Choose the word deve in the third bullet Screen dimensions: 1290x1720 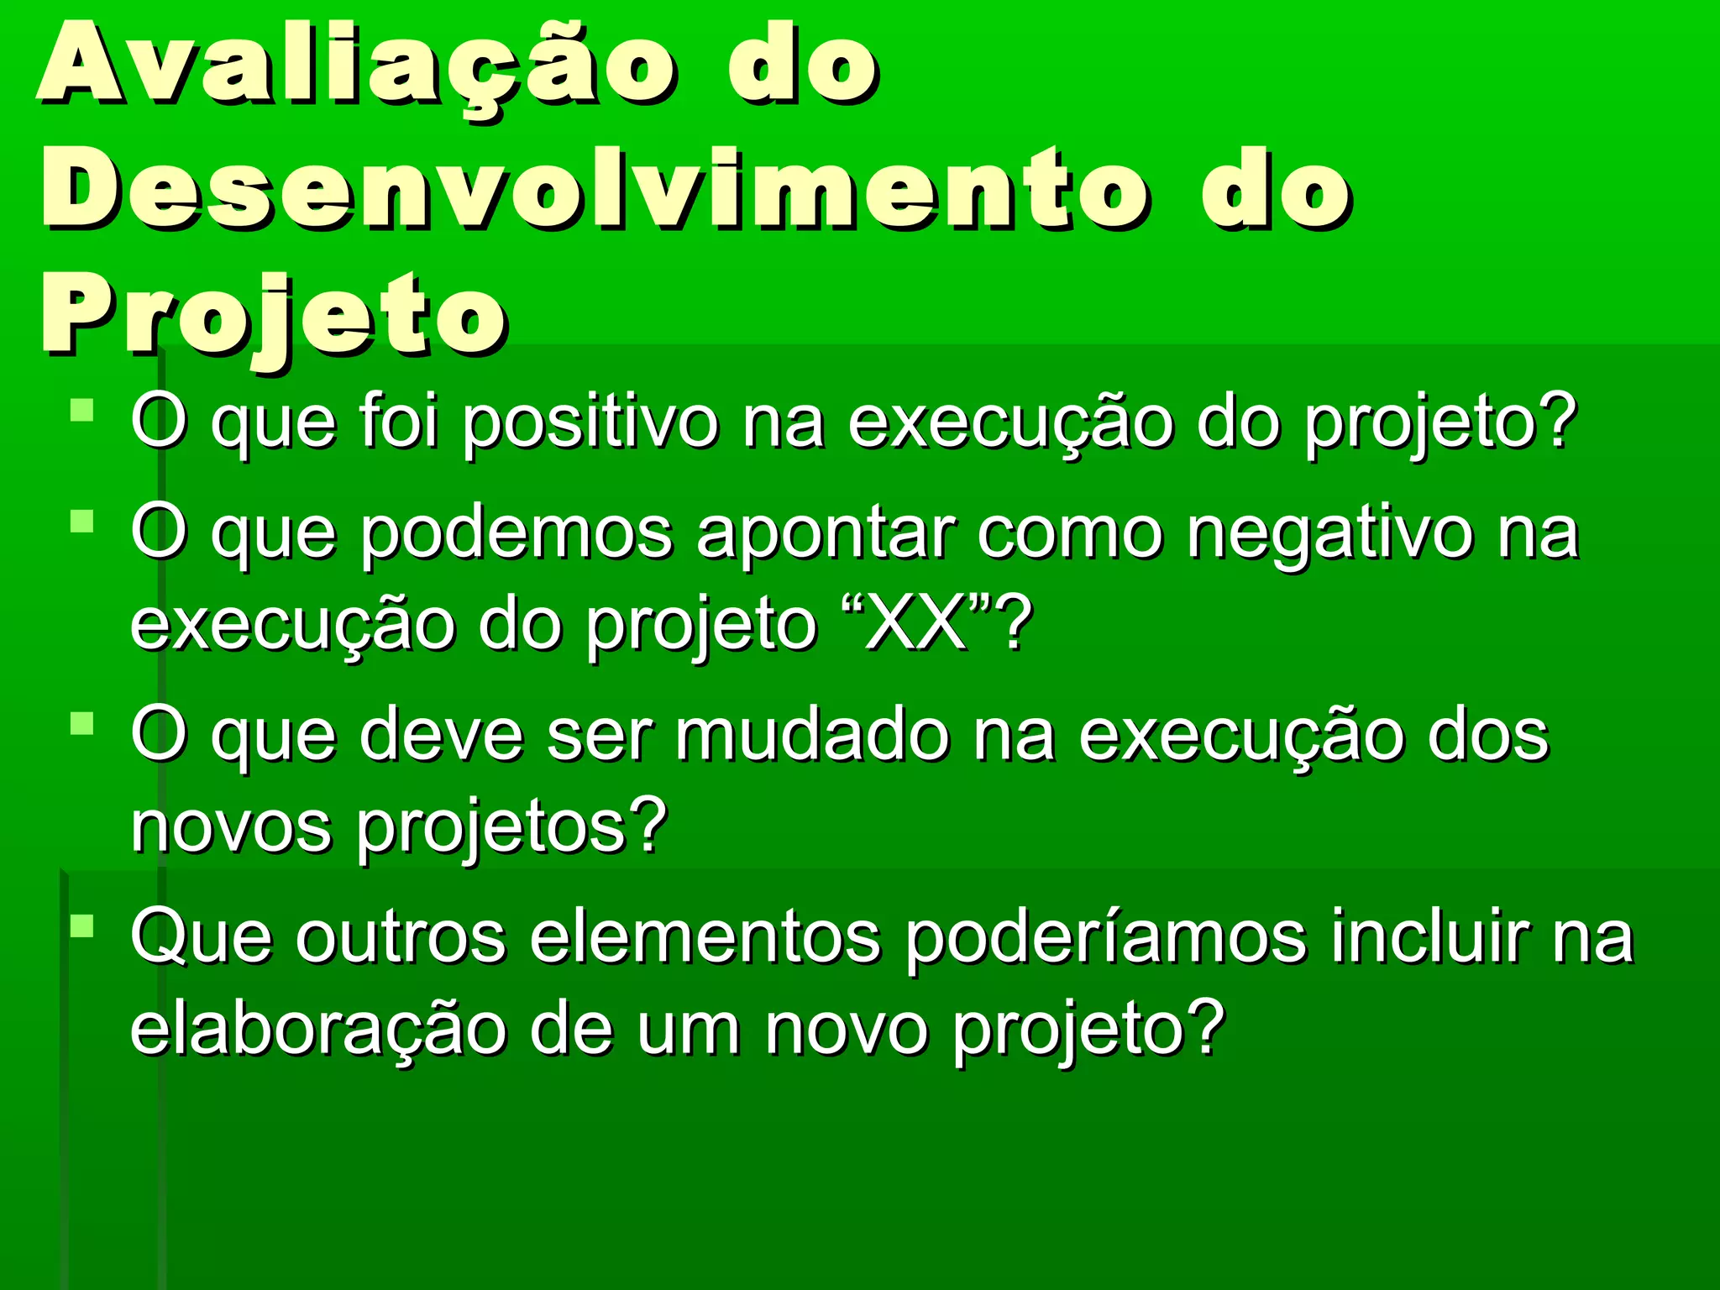click(x=442, y=735)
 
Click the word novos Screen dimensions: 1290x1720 click(x=231, y=827)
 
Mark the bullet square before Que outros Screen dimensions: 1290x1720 click(x=82, y=926)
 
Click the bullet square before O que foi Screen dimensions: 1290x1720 click(x=82, y=411)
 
